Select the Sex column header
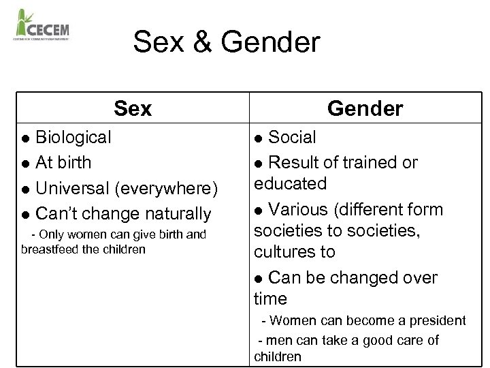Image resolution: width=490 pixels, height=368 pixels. [133, 108]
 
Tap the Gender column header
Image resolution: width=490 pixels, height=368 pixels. [365, 108]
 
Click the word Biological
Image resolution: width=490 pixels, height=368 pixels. [73, 137]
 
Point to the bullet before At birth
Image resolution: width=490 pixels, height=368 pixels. [26, 164]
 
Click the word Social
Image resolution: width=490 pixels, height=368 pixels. [292, 137]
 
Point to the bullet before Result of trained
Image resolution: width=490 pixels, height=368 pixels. [259, 164]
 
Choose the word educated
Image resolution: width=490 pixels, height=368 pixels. [290, 183]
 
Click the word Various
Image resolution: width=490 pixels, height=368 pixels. [298, 209]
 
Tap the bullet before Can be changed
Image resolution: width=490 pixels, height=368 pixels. [259, 279]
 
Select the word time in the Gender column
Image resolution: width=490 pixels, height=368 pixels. [270, 298]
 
